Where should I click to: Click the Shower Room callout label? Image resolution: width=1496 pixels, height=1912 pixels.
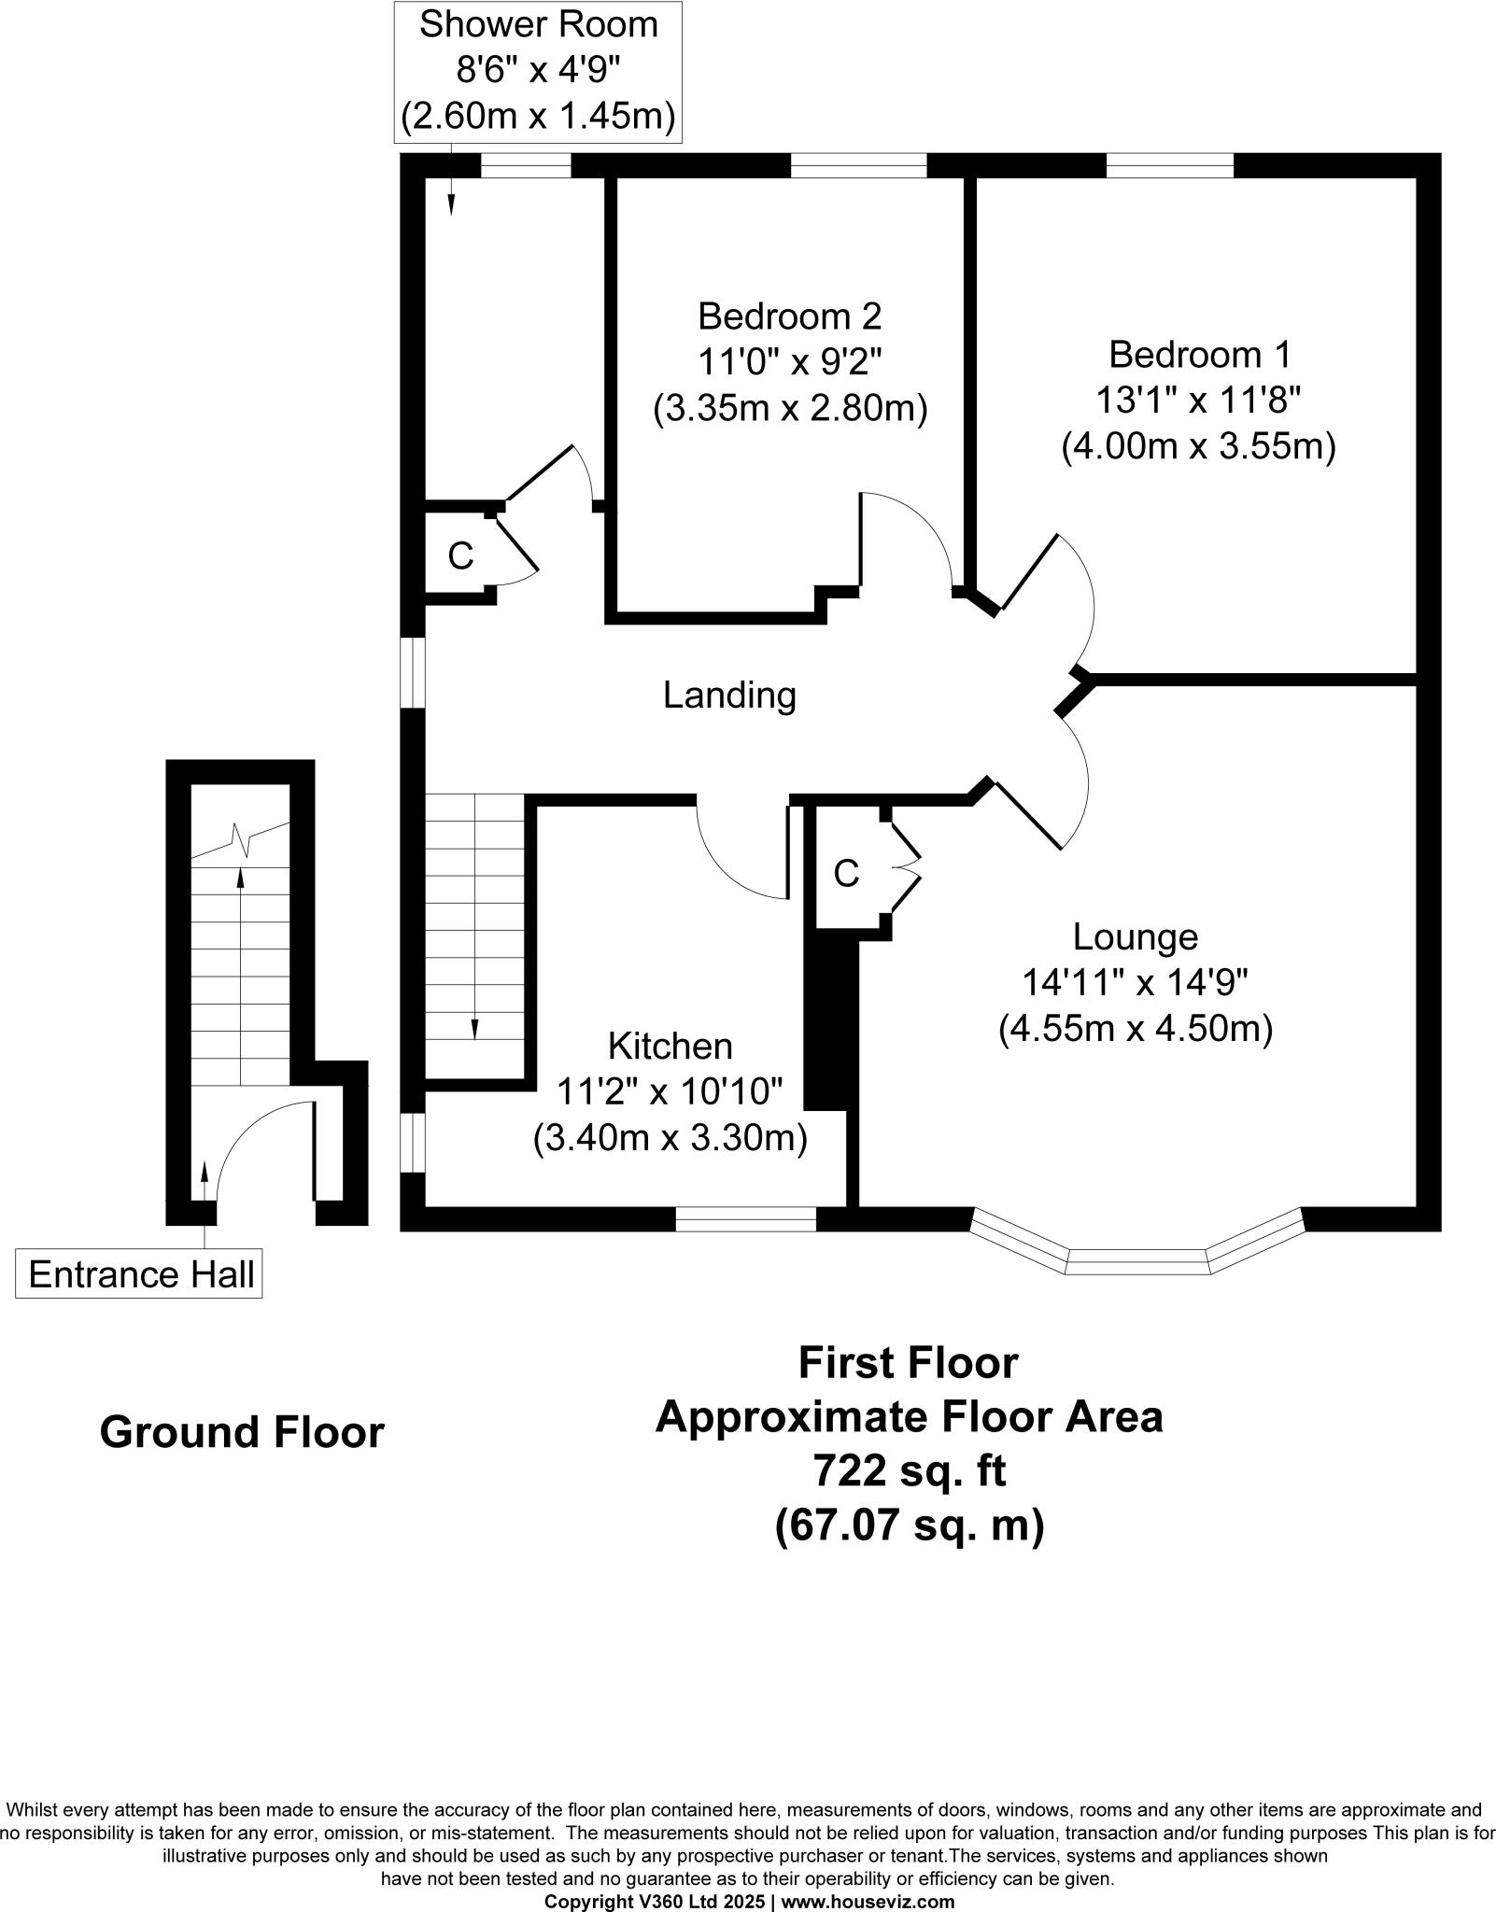pyautogui.click(x=538, y=73)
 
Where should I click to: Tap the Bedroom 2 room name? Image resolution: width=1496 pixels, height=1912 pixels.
pyautogui.click(x=789, y=316)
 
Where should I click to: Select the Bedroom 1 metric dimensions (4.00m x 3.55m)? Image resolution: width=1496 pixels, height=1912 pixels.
pyautogui.click(x=1198, y=446)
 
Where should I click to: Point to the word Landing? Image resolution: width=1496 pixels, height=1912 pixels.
pyautogui.click(x=729, y=696)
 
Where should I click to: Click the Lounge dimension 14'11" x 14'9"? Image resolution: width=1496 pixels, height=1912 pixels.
pyautogui.click(x=1135, y=982)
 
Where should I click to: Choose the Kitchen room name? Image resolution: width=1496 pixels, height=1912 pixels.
pyautogui.click(x=670, y=1047)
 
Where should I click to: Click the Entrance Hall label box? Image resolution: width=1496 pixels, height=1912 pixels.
pyautogui.click(x=139, y=1275)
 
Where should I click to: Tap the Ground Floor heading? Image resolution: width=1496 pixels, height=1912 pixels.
pyautogui.click(x=242, y=1432)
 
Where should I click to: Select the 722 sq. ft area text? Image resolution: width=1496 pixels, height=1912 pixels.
pyautogui.click(x=909, y=1471)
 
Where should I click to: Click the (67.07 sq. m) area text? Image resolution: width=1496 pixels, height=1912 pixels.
pyautogui.click(x=909, y=1525)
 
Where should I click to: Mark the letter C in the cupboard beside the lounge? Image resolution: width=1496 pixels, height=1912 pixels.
pyautogui.click(x=845, y=874)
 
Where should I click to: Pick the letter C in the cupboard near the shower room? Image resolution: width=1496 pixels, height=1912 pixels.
pyautogui.click(x=460, y=556)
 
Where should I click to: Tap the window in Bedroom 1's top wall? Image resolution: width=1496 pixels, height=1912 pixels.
pyautogui.click(x=1170, y=166)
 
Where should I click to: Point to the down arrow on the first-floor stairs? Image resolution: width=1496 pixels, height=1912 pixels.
pyautogui.click(x=474, y=1027)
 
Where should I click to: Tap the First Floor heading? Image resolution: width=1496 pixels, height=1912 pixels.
pyautogui.click(x=907, y=1363)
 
